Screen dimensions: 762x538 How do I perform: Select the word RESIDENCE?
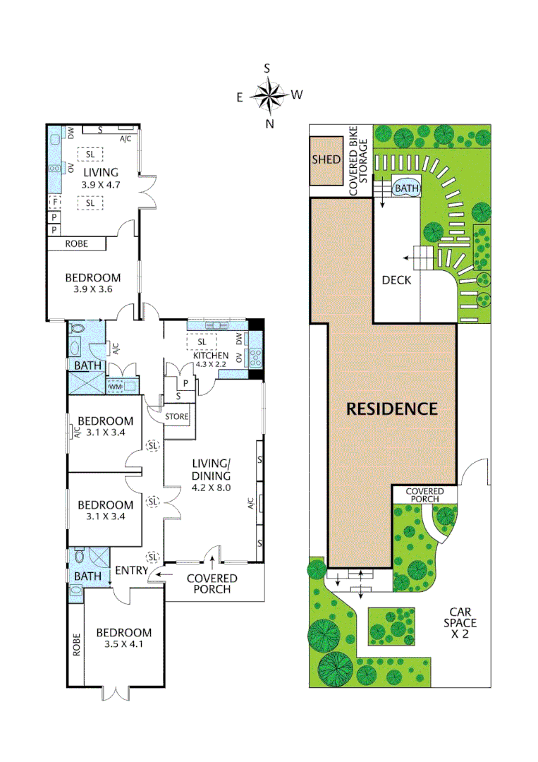point(392,409)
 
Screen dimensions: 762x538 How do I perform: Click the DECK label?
point(396,280)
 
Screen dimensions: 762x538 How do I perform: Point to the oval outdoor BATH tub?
point(405,188)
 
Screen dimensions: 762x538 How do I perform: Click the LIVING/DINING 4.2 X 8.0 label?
point(212,475)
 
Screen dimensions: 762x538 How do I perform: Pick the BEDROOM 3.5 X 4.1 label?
point(124,639)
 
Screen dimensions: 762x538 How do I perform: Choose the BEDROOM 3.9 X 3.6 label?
point(92,284)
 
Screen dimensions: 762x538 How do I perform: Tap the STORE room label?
point(177,417)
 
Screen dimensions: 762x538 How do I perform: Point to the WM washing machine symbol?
point(115,387)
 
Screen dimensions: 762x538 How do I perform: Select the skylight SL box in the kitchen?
point(201,341)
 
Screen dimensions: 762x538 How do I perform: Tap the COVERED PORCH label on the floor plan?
point(212,583)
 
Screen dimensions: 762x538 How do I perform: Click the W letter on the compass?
point(297,95)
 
